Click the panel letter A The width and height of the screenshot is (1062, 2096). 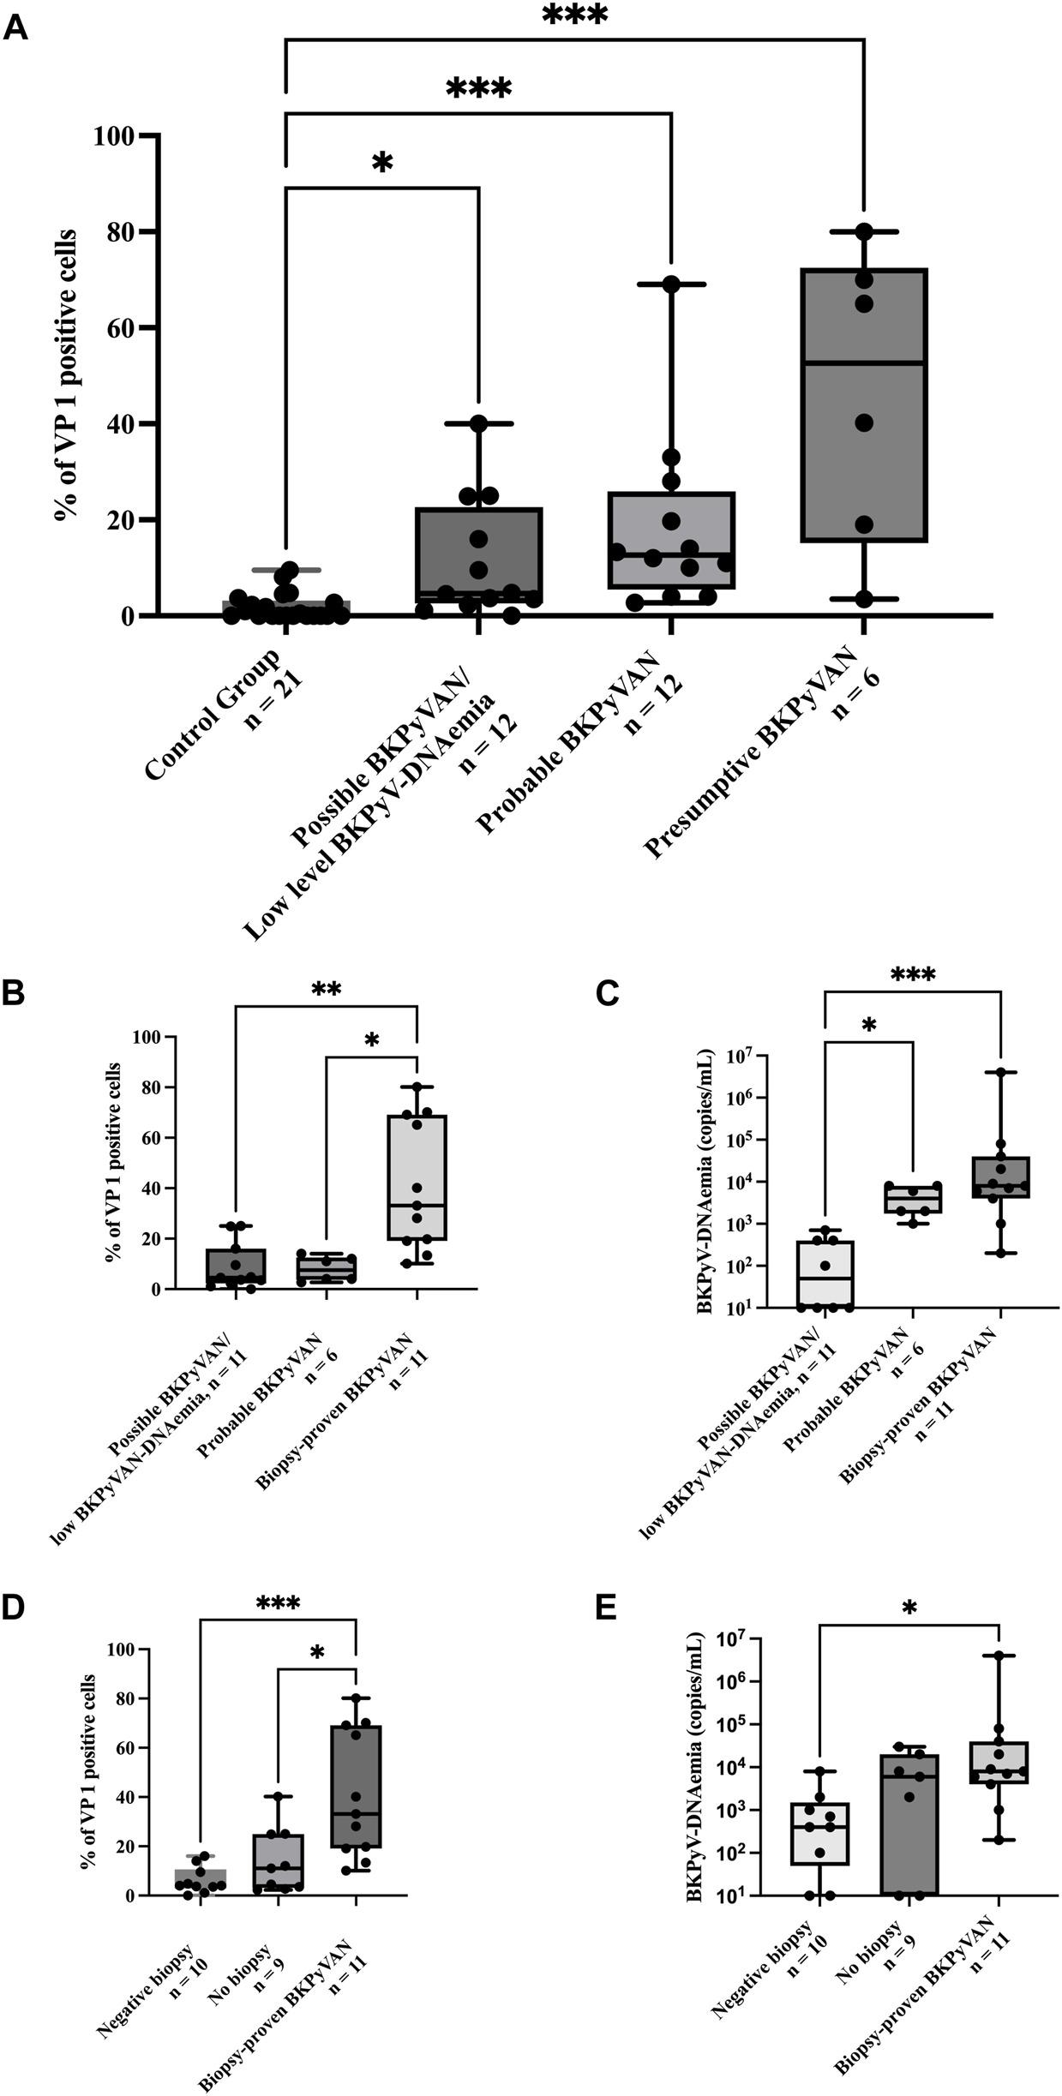16,27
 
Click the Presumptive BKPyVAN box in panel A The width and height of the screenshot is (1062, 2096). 863,404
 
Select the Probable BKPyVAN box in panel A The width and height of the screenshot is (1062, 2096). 670,541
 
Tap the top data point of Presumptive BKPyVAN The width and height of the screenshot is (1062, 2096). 863,231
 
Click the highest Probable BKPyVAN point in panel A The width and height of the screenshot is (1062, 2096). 670,284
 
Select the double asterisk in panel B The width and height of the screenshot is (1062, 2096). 327,991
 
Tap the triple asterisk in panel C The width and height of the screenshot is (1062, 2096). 913,975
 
